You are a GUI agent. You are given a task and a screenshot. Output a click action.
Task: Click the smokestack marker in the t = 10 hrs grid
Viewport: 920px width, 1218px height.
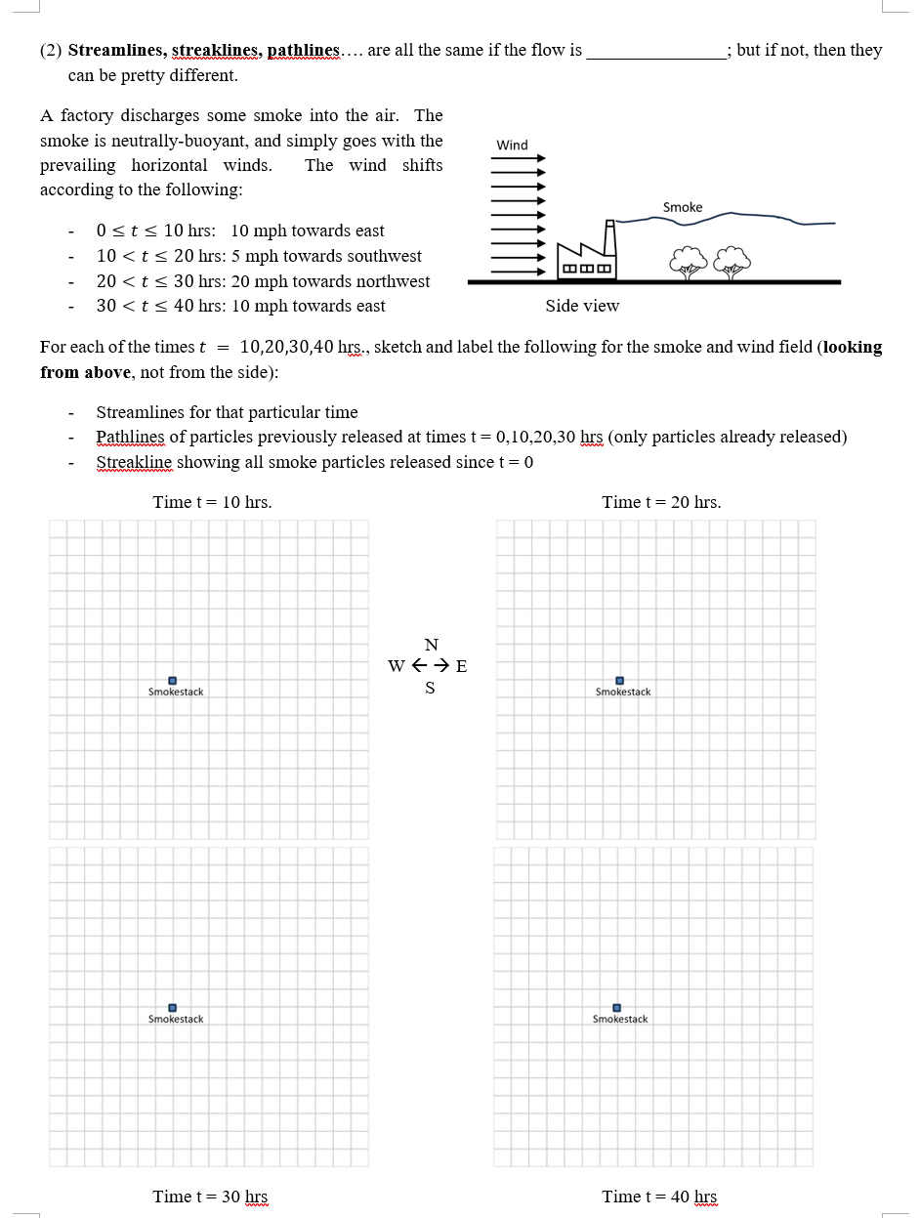pyautogui.click(x=172, y=681)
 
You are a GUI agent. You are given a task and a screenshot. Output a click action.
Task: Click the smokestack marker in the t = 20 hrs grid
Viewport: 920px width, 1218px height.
pyautogui.click(x=619, y=681)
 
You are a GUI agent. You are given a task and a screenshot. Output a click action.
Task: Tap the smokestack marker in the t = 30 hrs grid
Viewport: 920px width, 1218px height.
pyautogui.click(x=172, y=1008)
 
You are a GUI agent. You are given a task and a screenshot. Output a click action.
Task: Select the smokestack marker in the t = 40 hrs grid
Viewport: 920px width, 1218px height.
pyautogui.click(x=616, y=1008)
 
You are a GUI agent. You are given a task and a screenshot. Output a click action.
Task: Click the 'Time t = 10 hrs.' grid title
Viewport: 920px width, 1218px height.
pyautogui.click(x=212, y=502)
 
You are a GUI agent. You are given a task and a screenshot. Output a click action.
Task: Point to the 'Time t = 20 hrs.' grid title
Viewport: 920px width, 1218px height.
pyautogui.click(x=661, y=502)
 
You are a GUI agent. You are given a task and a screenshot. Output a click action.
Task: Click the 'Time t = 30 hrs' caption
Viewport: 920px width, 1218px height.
pyautogui.click(x=210, y=1197)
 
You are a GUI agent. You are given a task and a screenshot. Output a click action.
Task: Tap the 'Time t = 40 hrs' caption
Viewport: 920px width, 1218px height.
pyautogui.click(x=659, y=1197)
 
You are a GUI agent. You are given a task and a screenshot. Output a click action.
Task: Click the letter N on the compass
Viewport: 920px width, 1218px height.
pyautogui.click(x=431, y=645)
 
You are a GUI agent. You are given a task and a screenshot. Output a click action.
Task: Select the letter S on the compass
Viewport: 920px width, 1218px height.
pyautogui.click(x=430, y=688)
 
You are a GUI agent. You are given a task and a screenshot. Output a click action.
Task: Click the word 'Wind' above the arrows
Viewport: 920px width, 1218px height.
pyautogui.click(x=512, y=145)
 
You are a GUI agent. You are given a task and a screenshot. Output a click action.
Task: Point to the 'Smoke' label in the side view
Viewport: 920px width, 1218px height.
pyautogui.click(x=682, y=207)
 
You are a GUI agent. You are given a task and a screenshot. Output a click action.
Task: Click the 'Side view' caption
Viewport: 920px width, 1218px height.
pyautogui.click(x=582, y=306)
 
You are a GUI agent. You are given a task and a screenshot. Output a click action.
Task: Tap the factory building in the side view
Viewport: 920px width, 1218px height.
pyautogui.click(x=586, y=257)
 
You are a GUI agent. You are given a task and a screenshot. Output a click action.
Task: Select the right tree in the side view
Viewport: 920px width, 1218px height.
pyautogui.click(x=732, y=261)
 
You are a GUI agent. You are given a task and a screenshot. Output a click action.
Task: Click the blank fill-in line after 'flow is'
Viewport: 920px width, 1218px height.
pyautogui.click(x=655, y=57)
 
